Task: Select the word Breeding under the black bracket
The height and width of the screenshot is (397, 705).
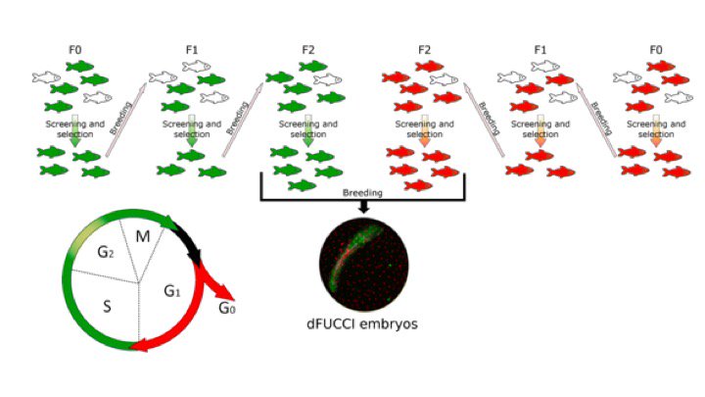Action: point(361,193)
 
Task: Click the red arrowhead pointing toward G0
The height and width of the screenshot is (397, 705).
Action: point(224,291)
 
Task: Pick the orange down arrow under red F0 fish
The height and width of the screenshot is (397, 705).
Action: point(654,133)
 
